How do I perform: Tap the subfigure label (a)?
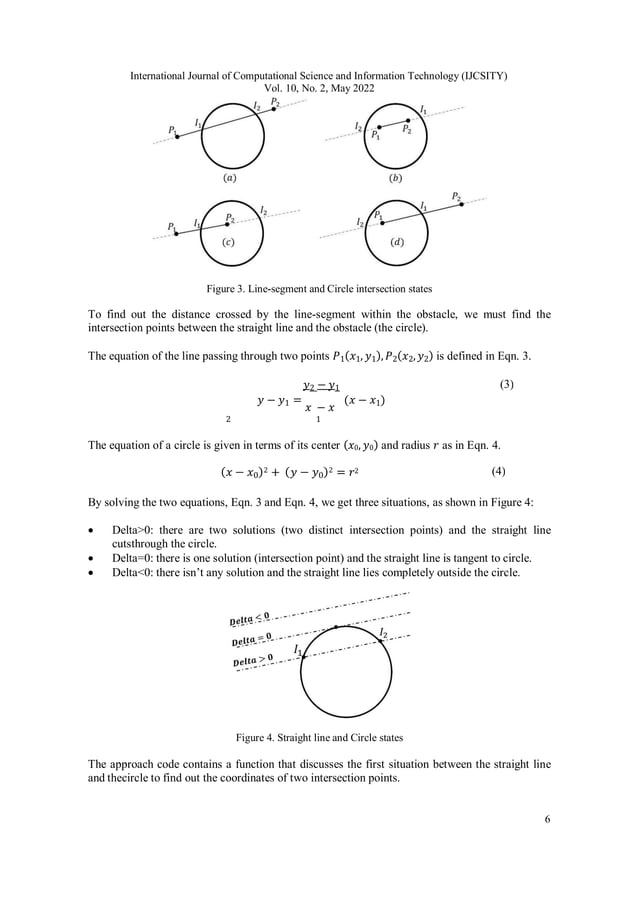(231, 177)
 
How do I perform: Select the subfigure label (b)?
(395, 177)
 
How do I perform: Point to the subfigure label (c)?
(231, 242)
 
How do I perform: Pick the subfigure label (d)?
(397, 242)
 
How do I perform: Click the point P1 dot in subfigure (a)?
(177, 136)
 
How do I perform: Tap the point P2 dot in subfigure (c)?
(228, 224)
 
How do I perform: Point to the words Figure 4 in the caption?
(256, 738)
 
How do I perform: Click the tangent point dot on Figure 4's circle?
(334, 626)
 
